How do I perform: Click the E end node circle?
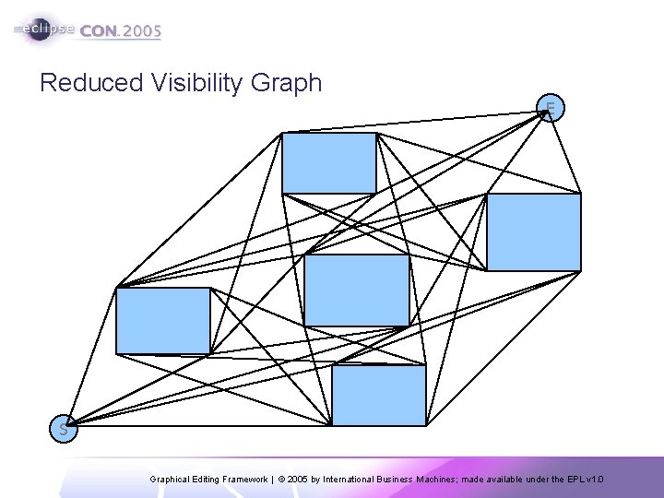pos(551,110)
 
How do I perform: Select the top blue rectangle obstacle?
pos(329,162)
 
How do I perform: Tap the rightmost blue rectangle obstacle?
pos(534,231)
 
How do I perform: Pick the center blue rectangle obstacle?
pos(356,290)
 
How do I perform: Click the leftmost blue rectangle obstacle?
pos(163,320)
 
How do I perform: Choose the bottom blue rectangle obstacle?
pos(379,395)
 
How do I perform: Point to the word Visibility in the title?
pos(192,83)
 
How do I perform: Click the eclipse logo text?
pos(46,30)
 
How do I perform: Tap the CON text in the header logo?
pos(99,30)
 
